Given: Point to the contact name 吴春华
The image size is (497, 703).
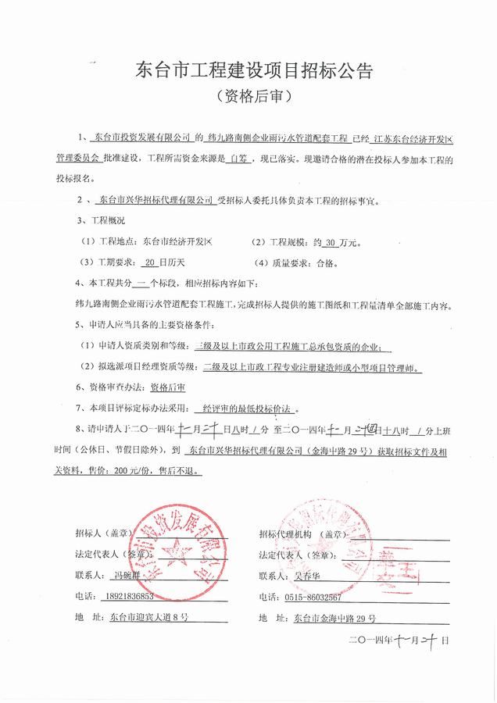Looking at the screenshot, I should pyautogui.click(x=309, y=576).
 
